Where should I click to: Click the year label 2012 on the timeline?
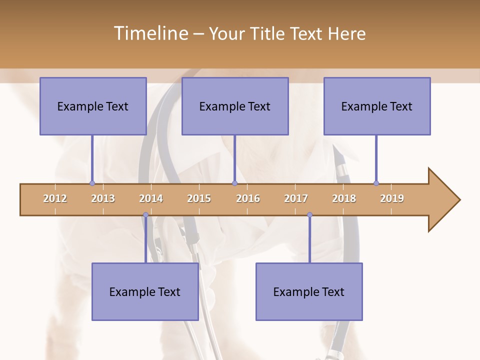point(55,198)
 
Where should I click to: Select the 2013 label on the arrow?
point(103,198)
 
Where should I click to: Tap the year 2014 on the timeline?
point(151,198)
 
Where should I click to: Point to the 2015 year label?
point(199,198)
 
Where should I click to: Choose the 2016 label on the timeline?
point(248,198)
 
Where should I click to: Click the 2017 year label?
point(296,198)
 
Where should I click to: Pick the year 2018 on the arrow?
point(344,198)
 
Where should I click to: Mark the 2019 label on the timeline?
point(392,198)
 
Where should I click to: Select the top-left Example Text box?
point(93,106)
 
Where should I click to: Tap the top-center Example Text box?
point(235,106)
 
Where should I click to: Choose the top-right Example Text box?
point(377,106)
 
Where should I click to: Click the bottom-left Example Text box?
point(145,291)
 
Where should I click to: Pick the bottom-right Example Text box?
point(309,291)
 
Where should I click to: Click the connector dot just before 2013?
point(92,183)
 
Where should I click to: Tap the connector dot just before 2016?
point(234,183)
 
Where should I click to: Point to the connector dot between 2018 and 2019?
point(376,183)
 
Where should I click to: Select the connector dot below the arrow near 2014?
point(145,215)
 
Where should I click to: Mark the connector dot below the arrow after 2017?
point(309,215)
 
